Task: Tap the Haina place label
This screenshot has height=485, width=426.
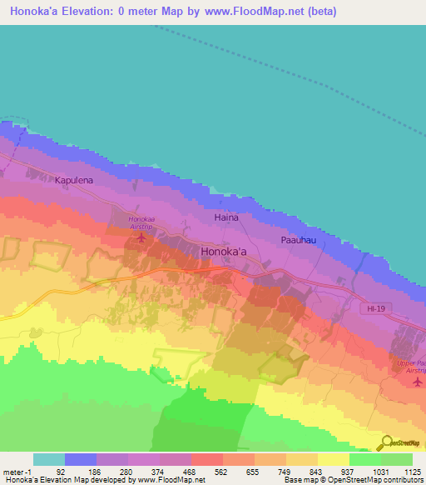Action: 226,217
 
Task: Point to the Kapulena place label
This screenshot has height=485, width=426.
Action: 76,179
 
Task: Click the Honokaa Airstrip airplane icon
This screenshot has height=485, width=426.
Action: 140,240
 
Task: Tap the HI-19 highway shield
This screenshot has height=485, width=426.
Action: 377,308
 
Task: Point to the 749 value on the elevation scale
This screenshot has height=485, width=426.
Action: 286,471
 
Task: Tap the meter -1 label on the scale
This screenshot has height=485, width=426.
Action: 16,471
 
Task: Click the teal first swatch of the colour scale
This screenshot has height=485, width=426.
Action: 48,459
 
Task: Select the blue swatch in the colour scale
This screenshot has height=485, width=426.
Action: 81,459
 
